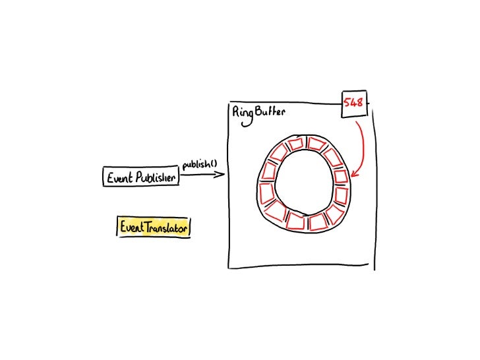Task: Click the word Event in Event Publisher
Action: (x=120, y=177)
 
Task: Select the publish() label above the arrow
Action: (x=200, y=164)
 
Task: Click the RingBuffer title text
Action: (x=258, y=111)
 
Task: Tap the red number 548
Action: (x=353, y=104)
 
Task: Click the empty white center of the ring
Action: (x=304, y=183)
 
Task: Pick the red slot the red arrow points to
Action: (x=340, y=177)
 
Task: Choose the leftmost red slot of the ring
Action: (x=266, y=193)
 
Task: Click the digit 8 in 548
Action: (x=360, y=104)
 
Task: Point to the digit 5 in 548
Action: (x=347, y=104)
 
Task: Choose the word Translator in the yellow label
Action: (x=165, y=227)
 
